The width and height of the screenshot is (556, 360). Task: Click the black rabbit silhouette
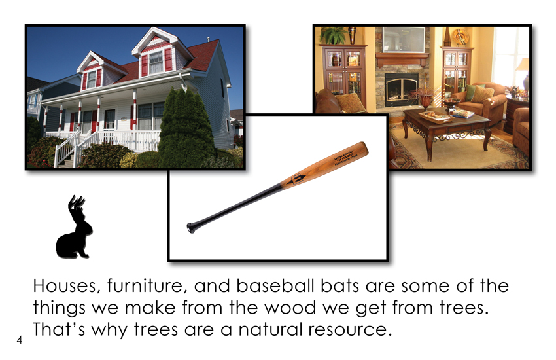click(75, 230)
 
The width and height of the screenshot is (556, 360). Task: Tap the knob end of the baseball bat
click(190, 228)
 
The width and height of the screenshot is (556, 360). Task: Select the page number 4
click(19, 340)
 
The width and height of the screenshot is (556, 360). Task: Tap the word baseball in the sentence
click(275, 285)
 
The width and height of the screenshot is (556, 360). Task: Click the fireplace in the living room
click(401, 89)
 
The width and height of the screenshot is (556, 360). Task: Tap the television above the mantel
click(403, 40)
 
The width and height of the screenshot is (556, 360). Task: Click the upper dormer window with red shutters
click(156, 62)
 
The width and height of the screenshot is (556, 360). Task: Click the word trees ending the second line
click(464, 308)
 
